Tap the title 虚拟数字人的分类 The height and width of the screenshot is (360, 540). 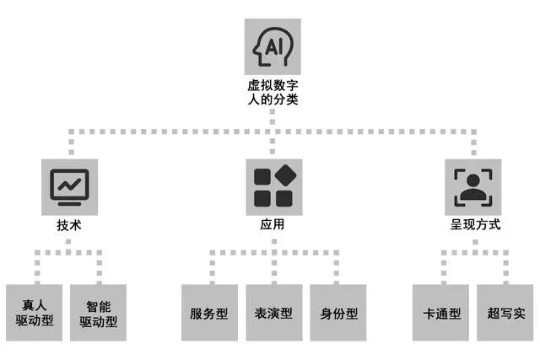(272, 92)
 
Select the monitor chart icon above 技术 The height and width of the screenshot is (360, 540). (69, 185)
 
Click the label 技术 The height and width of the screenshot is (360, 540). (69, 225)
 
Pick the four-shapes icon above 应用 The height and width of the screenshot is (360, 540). (273, 186)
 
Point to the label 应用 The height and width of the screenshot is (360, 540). (273, 225)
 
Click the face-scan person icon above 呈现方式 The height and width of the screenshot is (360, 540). (475, 186)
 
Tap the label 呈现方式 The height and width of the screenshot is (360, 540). (475, 225)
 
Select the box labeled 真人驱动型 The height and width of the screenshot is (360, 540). (35, 313)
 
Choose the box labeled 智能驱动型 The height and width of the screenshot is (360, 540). (99, 313)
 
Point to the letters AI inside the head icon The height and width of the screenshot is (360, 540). (274, 47)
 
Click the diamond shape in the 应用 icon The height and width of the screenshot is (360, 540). (284, 176)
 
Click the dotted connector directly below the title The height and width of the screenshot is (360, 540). (273, 120)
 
